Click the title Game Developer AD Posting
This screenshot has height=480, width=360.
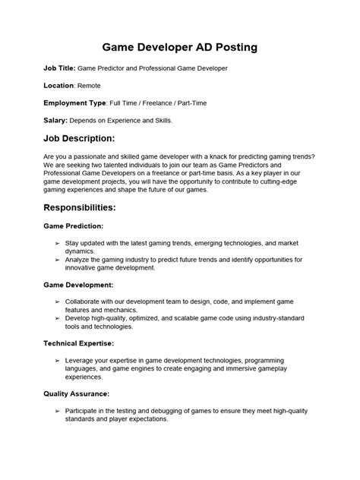tap(179, 46)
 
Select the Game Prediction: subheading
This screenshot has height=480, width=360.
tap(74, 226)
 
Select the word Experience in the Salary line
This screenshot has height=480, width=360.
tap(128, 120)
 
